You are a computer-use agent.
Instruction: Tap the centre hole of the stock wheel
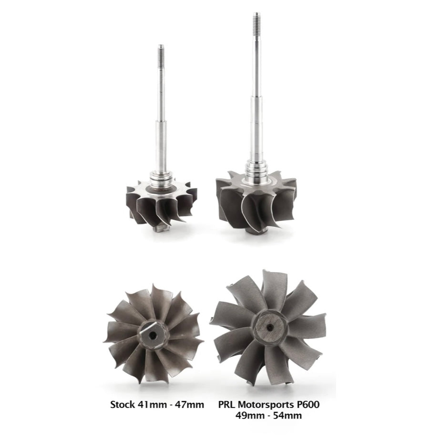pyautogui.click(x=153, y=335)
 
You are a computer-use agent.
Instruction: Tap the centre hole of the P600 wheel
pyautogui.click(x=270, y=327)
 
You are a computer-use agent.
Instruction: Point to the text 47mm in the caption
pyautogui.click(x=189, y=405)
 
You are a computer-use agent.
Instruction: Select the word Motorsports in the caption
pyautogui.click(x=266, y=405)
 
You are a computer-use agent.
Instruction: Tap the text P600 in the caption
pyautogui.click(x=308, y=405)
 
